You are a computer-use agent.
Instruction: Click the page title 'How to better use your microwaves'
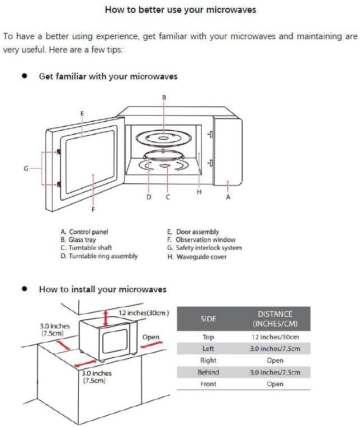pyautogui.click(x=181, y=10)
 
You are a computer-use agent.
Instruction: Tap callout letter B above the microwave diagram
pyautogui.click(x=164, y=97)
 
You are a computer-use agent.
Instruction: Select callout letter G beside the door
pyautogui.click(x=26, y=168)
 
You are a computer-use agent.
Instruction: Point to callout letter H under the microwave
pyautogui.click(x=199, y=192)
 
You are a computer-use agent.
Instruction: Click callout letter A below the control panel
pyautogui.click(x=228, y=197)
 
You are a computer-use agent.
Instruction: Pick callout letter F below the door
pyautogui.click(x=93, y=210)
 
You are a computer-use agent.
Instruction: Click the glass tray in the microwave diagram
pyautogui.click(x=163, y=137)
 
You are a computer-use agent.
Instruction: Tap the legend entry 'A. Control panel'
pyautogui.click(x=84, y=231)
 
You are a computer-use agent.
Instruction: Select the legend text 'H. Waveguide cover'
pyautogui.click(x=197, y=257)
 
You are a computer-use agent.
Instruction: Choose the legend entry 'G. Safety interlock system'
pyautogui.click(x=205, y=248)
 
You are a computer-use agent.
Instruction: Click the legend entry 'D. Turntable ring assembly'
pyautogui.click(x=99, y=256)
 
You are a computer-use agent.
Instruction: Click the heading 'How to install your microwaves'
pyautogui.click(x=102, y=289)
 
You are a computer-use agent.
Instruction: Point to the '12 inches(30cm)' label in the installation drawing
pyautogui.click(x=144, y=313)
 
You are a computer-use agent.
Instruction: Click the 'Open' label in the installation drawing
pyautogui.click(x=151, y=337)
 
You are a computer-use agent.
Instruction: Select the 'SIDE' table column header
pyautogui.click(x=208, y=319)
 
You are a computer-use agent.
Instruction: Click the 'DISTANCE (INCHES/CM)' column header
pyautogui.click(x=275, y=319)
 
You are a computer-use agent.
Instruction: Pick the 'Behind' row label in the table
pyautogui.click(x=208, y=372)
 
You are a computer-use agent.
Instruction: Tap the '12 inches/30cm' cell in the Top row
pyautogui.click(x=275, y=337)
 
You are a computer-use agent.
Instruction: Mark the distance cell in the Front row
pyautogui.click(x=275, y=384)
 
